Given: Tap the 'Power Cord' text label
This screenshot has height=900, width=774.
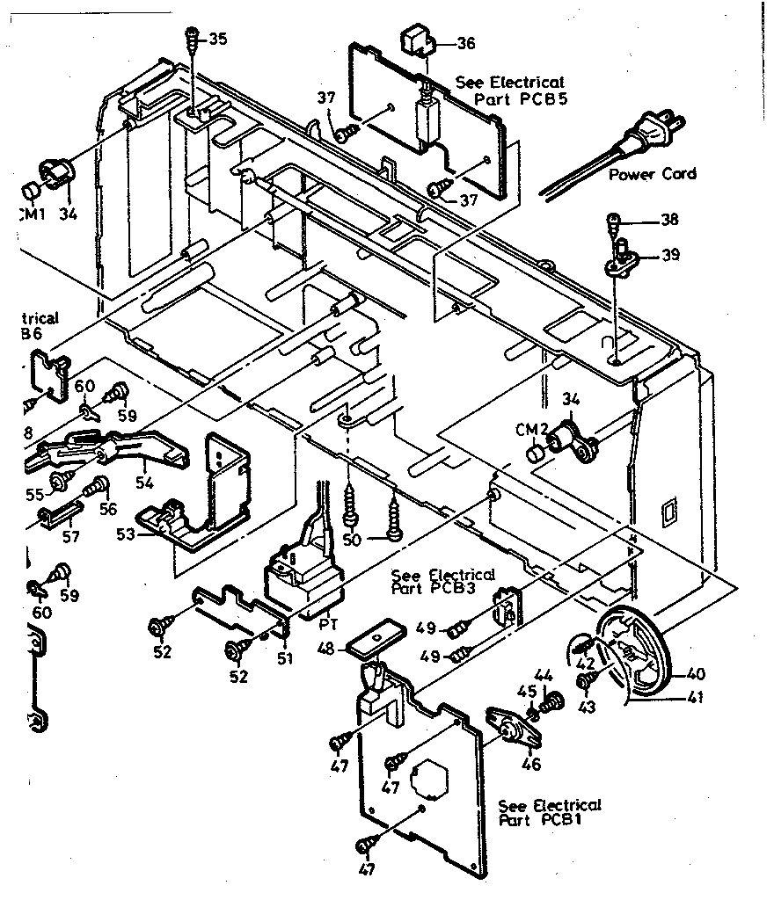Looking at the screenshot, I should [x=652, y=174].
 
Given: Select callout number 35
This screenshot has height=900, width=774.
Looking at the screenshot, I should [x=216, y=39].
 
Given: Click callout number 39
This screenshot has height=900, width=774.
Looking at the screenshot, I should [x=669, y=255].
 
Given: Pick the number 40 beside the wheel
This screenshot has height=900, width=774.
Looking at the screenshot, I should [x=695, y=675].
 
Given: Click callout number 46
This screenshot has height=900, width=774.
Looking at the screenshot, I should [x=530, y=764].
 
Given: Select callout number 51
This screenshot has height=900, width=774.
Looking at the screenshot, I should [x=283, y=657].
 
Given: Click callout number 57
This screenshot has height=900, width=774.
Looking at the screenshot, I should [x=69, y=536].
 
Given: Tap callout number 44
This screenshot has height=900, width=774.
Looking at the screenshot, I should [x=543, y=675].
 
